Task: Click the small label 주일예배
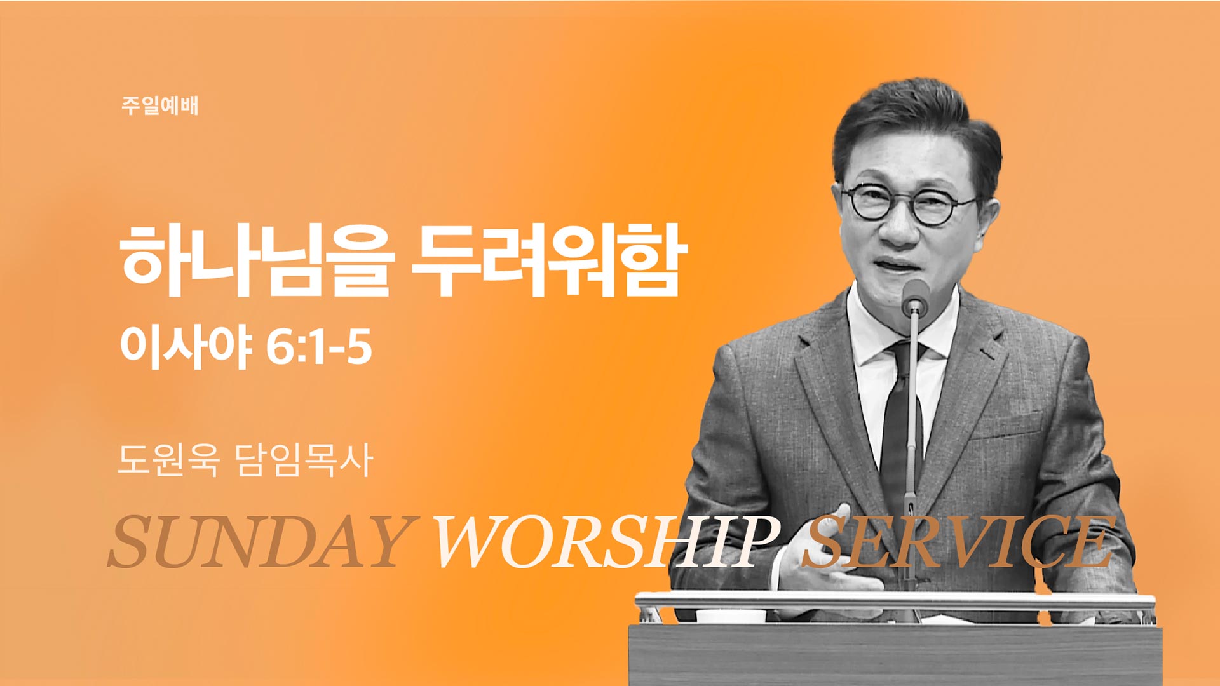click(159, 105)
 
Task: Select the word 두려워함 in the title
click(549, 260)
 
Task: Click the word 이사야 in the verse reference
click(186, 347)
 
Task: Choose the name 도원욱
click(168, 459)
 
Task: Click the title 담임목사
click(304, 459)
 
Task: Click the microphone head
click(915, 296)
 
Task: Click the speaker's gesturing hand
click(820, 565)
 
